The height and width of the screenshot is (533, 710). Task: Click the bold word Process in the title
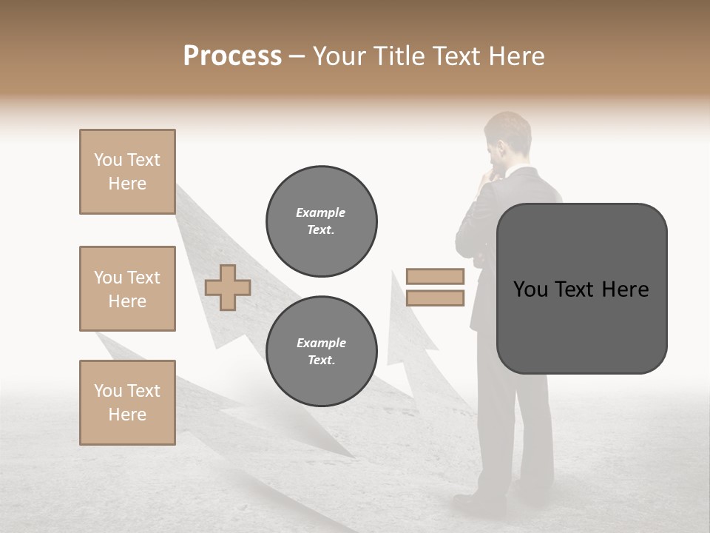click(232, 56)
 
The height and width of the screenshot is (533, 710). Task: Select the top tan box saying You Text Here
click(127, 172)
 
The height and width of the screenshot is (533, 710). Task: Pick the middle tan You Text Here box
click(127, 289)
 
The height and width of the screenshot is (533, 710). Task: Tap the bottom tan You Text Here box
click(127, 403)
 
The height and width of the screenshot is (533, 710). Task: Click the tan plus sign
click(228, 287)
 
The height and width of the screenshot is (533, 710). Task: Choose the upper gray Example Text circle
click(321, 221)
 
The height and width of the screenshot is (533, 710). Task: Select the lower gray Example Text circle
click(321, 352)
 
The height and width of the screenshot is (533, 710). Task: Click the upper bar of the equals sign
click(435, 276)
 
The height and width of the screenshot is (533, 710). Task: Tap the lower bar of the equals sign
click(435, 298)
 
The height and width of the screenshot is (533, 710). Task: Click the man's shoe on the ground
click(473, 500)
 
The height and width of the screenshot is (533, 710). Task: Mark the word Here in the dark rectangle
click(625, 289)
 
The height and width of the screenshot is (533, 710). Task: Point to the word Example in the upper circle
click(321, 212)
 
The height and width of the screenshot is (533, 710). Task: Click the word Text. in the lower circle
click(321, 361)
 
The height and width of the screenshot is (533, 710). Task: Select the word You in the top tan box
click(108, 160)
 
